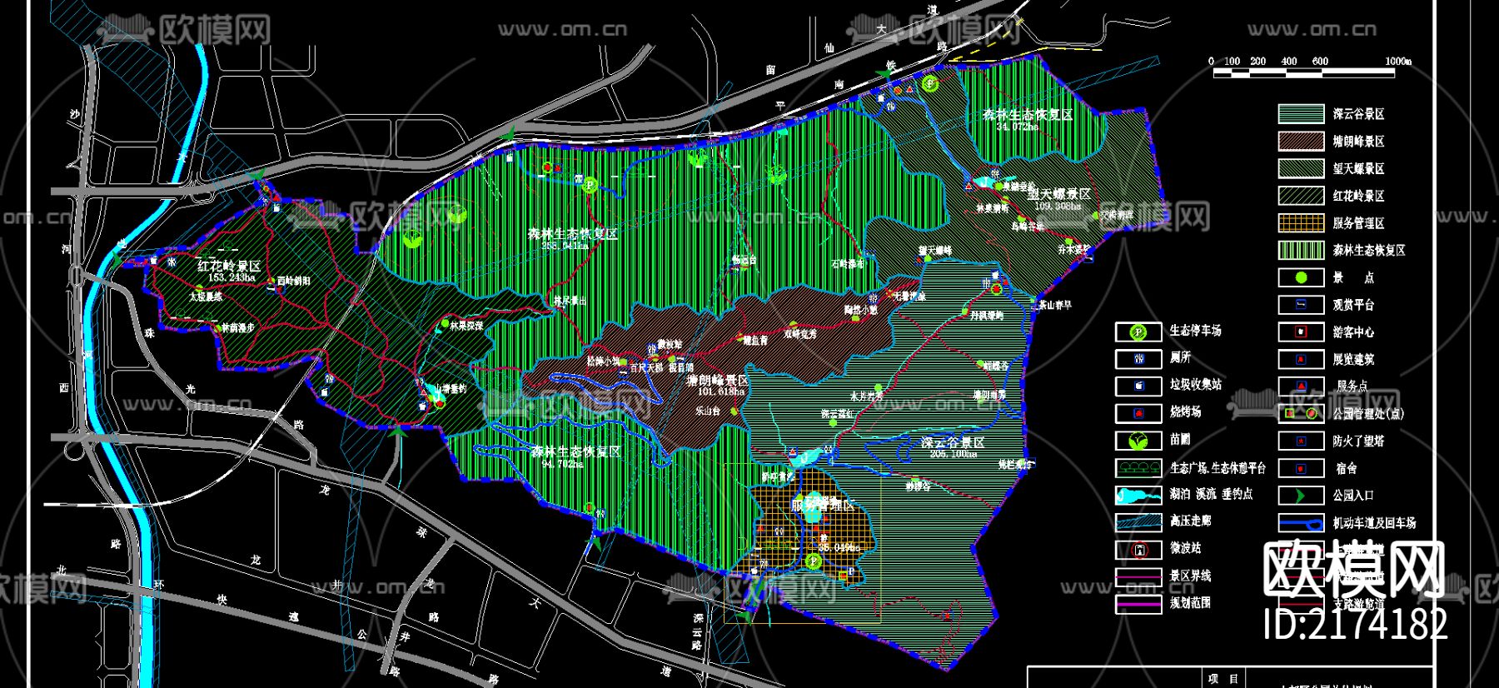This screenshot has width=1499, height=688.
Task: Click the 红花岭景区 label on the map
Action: coord(229,267)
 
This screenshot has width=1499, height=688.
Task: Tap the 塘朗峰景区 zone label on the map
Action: coord(717,381)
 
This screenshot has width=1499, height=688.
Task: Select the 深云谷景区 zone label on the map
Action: coord(953,443)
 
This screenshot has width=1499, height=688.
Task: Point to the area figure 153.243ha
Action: coord(232,277)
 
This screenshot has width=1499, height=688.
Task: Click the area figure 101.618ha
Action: coord(721,391)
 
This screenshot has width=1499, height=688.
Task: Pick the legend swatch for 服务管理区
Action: coord(1301,223)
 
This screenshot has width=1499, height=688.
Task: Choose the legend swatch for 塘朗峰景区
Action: coord(1301,142)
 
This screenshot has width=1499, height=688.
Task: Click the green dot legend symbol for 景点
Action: coord(1301,277)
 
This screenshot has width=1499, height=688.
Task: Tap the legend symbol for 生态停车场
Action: coord(1138,332)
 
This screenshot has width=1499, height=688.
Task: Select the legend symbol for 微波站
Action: coord(1138,550)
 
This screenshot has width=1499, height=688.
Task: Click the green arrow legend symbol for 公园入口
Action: coord(1301,496)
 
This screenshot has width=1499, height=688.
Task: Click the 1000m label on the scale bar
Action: coord(1398,61)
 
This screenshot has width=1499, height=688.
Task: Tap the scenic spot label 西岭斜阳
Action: coord(294,282)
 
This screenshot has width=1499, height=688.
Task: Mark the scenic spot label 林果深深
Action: coord(466,326)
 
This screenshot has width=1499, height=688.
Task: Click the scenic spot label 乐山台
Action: coord(708,411)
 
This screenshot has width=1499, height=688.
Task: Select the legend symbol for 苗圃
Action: coord(1138,441)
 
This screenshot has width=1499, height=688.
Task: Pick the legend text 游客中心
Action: coord(1353,332)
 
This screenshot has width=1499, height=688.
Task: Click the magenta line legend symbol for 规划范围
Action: coord(1138,604)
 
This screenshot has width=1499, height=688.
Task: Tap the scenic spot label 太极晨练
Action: coord(205,297)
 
